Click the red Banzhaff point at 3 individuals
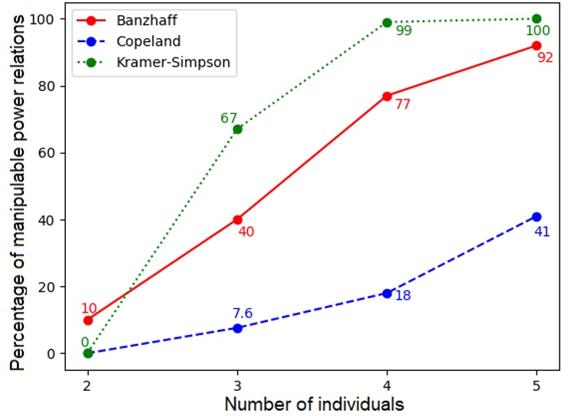tap(237, 220)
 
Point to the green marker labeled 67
tap(237, 129)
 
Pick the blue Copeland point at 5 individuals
tap(536, 216)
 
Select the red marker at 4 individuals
tap(387, 96)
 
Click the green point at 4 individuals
tap(387, 23)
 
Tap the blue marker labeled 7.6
tap(237, 328)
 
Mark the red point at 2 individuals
tap(88, 320)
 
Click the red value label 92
tap(545, 57)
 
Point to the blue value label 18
tap(403, 295)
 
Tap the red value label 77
tap(403, 104)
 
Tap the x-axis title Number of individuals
tap(313, 402)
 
